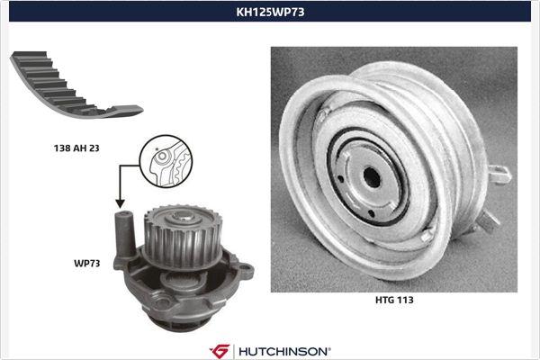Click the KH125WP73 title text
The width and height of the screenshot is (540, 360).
[269, 13]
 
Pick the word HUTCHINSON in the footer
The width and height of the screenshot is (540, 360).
[283, 349]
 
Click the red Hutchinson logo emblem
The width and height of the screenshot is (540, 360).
[220, 349]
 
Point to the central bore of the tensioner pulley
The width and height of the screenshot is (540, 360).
[369, 175]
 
